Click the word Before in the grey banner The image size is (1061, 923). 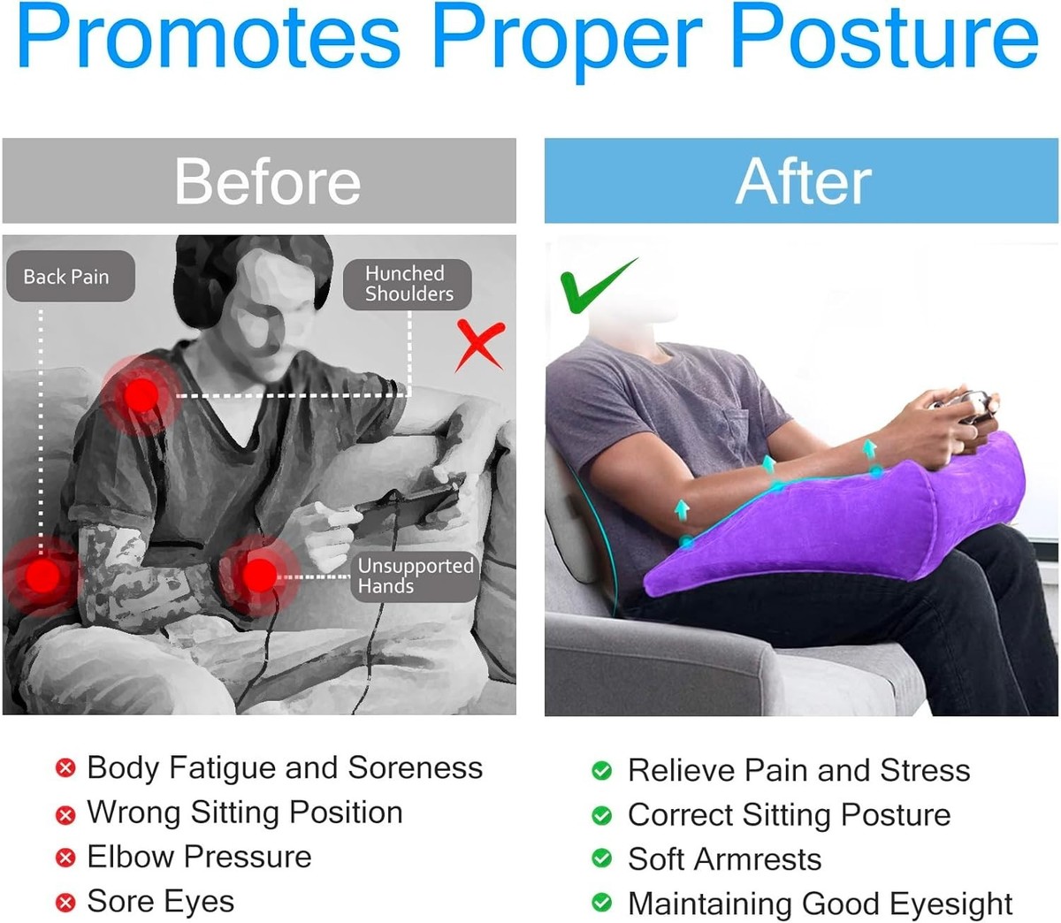(268, 181)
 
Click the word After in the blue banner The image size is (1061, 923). (803, 181)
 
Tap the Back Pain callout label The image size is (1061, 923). (71, 277)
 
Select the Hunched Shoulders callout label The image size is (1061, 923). (408, 284)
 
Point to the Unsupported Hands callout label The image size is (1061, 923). (415, 576)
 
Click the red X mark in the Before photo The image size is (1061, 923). (480, 346)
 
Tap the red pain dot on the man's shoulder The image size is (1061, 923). (141, 395)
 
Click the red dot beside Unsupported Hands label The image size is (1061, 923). (260, 576)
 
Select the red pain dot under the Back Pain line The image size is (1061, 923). (42, 576)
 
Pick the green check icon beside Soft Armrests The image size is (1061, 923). (601, 858)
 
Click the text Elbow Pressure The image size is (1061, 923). (199, 857)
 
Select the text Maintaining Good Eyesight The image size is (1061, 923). (820, 904)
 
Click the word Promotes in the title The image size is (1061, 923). (209, 35)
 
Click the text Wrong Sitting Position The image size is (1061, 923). (245, 812)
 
